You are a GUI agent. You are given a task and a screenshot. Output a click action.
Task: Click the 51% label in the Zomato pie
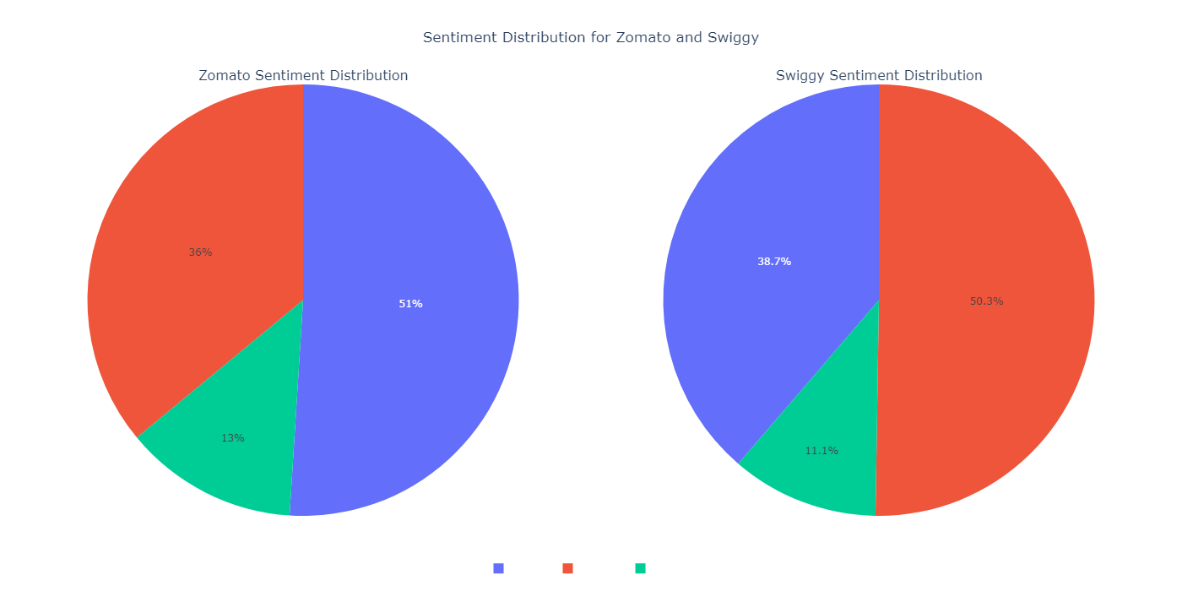click(x=410, y=304)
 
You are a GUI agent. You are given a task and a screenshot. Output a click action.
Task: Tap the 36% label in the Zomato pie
click(x=200, y=252)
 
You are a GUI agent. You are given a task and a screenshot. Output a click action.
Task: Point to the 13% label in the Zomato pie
click(x=233, y=438)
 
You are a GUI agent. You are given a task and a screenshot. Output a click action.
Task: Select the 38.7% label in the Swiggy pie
click(x=774, y=262)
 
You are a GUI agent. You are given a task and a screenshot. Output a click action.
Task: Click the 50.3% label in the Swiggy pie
click(x=986, y=301)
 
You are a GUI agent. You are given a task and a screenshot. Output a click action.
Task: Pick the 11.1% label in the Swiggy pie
click(x=821, y=451)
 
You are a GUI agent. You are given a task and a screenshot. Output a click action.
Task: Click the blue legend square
click(x=498, y=568)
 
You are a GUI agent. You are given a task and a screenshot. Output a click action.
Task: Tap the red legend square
click(x=567, y=568)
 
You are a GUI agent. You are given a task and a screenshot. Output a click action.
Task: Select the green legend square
click(x=640, y=568)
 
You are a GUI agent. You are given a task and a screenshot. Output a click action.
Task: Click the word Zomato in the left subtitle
click(x=225, y=76)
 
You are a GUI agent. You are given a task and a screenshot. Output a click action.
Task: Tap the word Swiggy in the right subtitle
click(x=800, y=76)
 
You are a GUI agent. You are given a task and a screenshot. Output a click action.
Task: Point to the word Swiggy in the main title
click(x=735, y=38)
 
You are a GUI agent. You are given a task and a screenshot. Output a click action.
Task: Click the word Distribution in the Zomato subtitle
click(x=366, y=76)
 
